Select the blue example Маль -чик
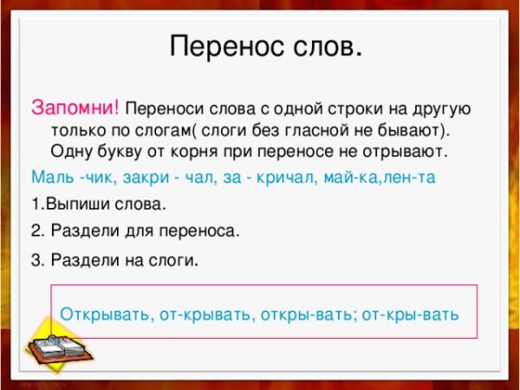point(64,177)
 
